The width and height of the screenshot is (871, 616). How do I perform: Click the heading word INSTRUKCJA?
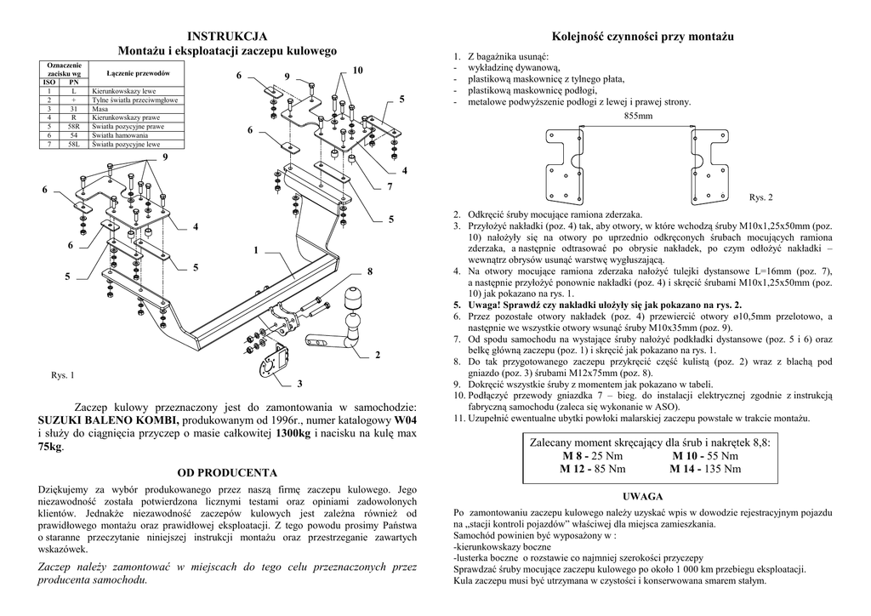(227, 36)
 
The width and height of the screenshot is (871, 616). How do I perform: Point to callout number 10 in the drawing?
(357, 69)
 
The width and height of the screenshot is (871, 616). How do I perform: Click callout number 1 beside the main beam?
(254, 250)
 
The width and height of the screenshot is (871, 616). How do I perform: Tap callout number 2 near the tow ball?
(377, 354)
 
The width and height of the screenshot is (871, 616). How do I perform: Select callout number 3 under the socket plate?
(299, 384)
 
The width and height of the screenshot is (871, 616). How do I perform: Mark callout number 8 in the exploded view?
(370, 271)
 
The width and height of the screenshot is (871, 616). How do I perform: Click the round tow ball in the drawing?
(352, 302)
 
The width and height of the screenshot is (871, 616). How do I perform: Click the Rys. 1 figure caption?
(63, 375)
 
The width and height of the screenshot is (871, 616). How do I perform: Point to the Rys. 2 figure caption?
(760, 197)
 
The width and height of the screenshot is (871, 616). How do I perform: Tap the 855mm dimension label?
(639, 116)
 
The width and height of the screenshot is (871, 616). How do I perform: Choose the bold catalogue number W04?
(406, 421)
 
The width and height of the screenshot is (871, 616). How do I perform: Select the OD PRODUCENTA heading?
(227, 471)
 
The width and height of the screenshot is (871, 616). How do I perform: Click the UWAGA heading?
(643, 496)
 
